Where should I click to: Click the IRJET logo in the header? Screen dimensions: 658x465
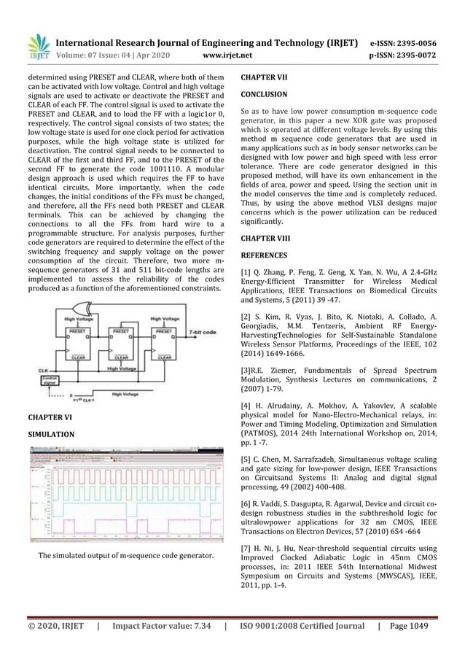click(38, 47)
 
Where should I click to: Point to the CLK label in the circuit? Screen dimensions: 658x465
click(43, 371)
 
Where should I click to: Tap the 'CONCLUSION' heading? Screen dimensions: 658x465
click(264, 94)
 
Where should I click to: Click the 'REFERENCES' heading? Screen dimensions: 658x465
click(264, 255)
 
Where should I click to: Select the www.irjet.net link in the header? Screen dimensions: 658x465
click(229, 54)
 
